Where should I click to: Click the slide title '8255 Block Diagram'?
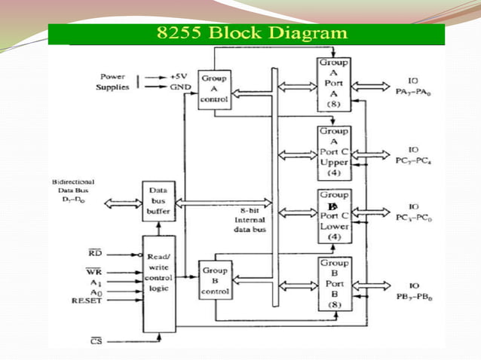(251, 33)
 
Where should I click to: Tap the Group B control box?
(213, 279)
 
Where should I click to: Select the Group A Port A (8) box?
(333, 85)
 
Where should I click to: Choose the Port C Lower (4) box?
(333, 217)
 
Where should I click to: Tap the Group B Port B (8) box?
(333, 284)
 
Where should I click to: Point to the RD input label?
(95, 254)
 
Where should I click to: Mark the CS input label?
(96, 341)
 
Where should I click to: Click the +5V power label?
(179, 77)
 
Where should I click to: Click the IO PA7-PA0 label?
(414, 85)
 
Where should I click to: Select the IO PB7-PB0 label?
(414, 291)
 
